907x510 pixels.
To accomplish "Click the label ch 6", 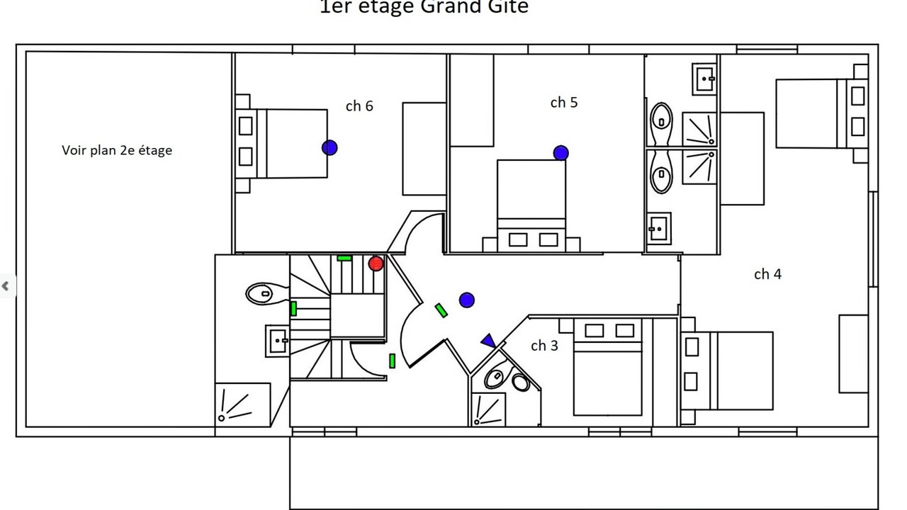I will point(359,106).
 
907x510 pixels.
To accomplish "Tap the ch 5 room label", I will point(564,103).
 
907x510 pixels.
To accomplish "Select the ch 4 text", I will point(767,274).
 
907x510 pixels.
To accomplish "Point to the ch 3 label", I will point(544,346).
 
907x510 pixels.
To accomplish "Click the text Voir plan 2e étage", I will point(117,150).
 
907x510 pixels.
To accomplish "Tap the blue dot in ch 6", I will point(329,147).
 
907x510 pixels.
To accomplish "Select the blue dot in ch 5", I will point(560,152).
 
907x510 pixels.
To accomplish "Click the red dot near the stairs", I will point(376,263).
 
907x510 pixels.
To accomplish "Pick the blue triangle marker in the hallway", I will point(488,341).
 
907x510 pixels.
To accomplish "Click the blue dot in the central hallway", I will point(466,300).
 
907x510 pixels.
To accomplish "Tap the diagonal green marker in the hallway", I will point(441,310).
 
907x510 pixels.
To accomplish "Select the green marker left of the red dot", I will point(344,258).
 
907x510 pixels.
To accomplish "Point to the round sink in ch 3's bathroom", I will point(521,382).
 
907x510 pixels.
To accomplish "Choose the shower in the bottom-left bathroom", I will point(243,404).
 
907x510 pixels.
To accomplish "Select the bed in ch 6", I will point(291,143).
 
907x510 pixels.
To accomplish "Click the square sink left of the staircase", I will point(276,341).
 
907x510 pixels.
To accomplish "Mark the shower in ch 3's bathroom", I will point(489,409).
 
